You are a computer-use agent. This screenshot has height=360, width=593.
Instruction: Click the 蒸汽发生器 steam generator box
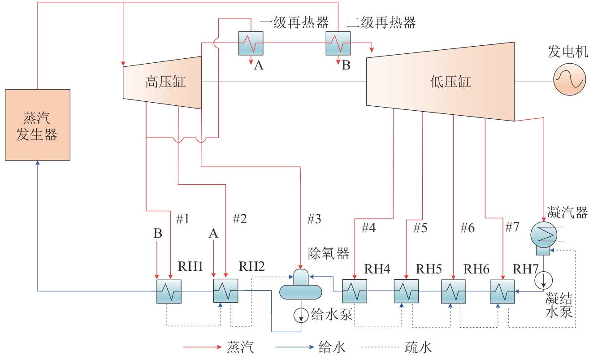coord(37,125)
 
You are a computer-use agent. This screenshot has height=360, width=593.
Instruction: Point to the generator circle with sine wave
coord(569,79)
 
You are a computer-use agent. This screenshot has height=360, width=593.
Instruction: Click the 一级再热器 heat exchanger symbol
coord(251,43)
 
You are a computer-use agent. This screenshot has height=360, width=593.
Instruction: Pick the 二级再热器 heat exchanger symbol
coord(338,43)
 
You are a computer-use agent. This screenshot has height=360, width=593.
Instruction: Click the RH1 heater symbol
coord(169,291)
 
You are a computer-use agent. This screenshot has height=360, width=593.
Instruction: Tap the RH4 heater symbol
coord(355,291)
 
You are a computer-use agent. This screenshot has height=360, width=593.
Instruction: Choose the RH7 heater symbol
coord(502,291)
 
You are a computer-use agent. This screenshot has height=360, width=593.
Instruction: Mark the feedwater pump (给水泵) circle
coord(301,315)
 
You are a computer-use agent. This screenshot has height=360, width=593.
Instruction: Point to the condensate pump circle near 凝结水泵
coord(543,279)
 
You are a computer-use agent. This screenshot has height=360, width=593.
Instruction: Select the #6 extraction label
coord(467,228)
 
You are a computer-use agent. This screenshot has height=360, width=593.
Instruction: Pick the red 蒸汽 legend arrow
coord(202,347)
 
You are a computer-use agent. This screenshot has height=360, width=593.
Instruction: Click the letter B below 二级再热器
coord(346,66)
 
